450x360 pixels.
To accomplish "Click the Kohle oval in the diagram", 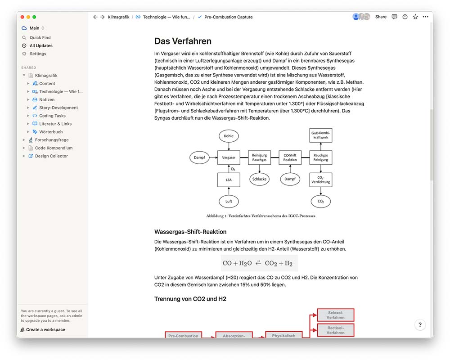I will pyautogui.click(x=229, y=136).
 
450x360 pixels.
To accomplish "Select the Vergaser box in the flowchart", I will pyautogui.click(x=229, y=157).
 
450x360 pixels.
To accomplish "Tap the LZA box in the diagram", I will pyautogui.click(x=229, y=180).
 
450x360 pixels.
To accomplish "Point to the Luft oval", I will pyautogui.click(x=229, y=201).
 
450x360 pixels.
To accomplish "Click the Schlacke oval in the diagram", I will pyautogui.click(x=260, y=179).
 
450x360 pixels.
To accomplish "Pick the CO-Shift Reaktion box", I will pyautogui.click(x=290, y=157).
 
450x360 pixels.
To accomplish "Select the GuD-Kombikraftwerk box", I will pyautogui.click(x=321, y=135).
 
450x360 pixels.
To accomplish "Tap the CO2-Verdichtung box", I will pyautogui.click(x=321, y=180).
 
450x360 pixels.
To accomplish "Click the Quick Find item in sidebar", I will pyautogui.click(x=40, y=38).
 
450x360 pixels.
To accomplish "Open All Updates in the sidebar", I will pyautogui.click(x=41, y=46).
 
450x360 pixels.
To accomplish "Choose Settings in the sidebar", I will pyautogui.click(x=38, y=54).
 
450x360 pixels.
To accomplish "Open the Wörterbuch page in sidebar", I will pyautogui.click(x=51, y=132).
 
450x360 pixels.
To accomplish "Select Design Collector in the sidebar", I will pyautogui.click(x=51, y=156).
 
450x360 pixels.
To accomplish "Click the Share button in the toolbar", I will pyautogui.click(x=381, y=17).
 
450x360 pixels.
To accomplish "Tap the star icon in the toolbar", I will pyautogui.click(x=415, y=17).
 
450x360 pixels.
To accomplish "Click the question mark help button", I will pyautogui.click(x=420, y=324).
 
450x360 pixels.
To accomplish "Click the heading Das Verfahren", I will pyautogui.click(x=183, y=41).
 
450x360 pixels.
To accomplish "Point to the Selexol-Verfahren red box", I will pyautogui.click(x=336, y=315).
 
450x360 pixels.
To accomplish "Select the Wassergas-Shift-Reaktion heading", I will pyautogui.click(x=190, y=232).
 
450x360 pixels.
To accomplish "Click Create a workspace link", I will pyautogui.click(x=45, y=330).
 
